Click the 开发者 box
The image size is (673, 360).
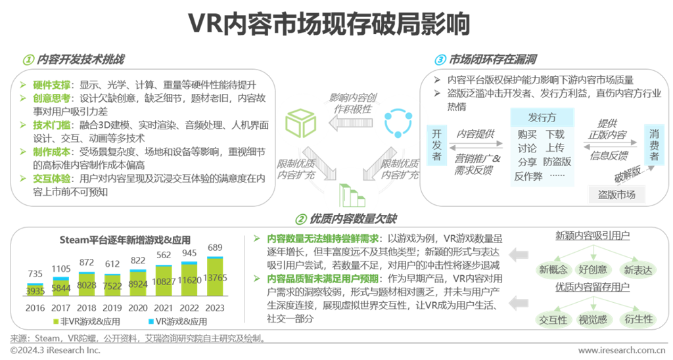[x=436, y=145]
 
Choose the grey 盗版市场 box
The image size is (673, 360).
[x=616, y=194]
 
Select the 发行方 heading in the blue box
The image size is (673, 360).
[x=542, y=118]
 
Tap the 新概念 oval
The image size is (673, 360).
[x=553, y=269]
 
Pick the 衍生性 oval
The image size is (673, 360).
[x=638, y=319]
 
